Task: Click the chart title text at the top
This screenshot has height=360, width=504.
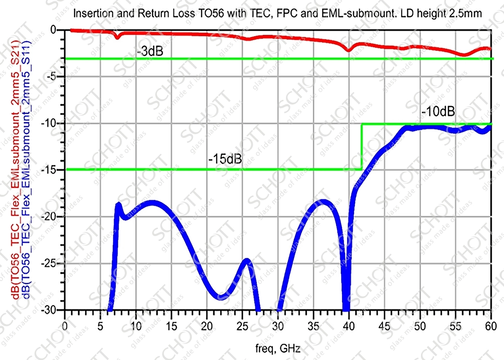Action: click(x=278, y=14)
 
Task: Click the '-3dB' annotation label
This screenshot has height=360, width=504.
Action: click(x=148, y=51)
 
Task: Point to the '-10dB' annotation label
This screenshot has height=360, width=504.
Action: click(x=438, y=111)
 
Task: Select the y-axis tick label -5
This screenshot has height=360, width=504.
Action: click(x=55, y=77)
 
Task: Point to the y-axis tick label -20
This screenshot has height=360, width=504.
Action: click(x=53, y=217)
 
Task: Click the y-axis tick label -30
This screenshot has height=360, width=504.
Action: click(x=53, y=310)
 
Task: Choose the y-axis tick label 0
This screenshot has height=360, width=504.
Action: click(x=58, y=30)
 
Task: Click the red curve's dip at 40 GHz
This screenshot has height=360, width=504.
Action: click(x=349, y=50)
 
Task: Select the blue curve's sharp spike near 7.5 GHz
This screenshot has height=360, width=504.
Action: click(x=119, y=204)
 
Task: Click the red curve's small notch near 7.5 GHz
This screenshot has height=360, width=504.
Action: click(x=117, y=38)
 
